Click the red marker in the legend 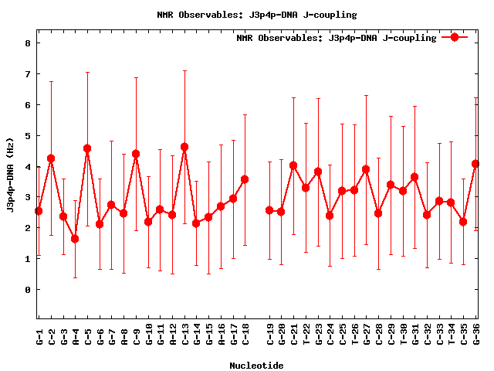coord(455,37)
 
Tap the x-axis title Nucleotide coord(256,365)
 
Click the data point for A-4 coord(75,239)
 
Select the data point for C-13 coord(184,147)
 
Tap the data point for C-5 coord(87,148)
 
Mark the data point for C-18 coord(245,179)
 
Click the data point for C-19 coord(269,210)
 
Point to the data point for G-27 coord(366,169)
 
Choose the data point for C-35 coord(463,222)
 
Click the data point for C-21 coord(293,165)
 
